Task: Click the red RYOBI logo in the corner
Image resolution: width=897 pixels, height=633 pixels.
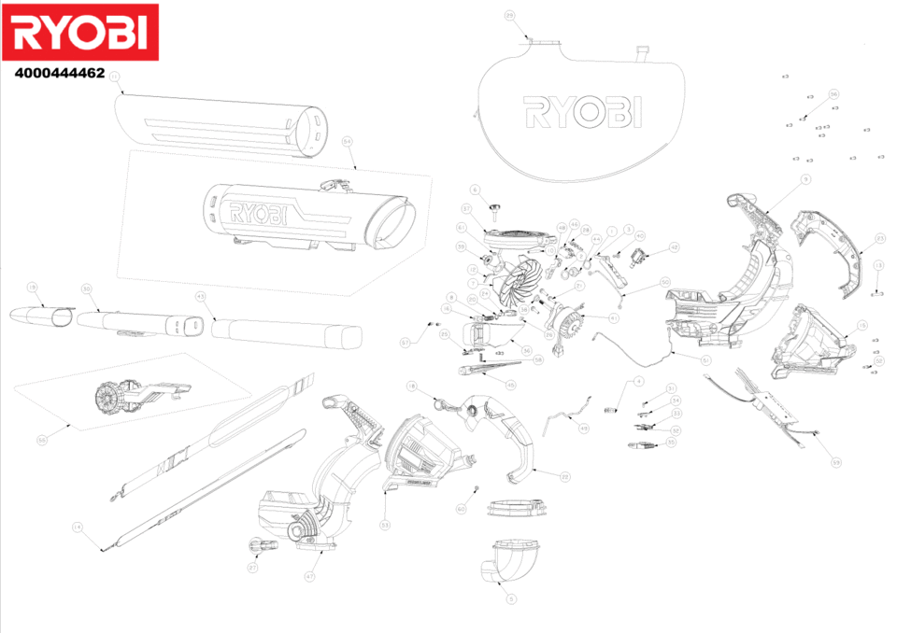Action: tap(80, 33)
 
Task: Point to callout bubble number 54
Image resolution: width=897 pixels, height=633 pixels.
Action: tap(347, 142)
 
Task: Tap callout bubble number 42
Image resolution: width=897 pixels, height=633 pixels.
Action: tap(674, 247)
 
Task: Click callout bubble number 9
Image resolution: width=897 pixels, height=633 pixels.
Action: tap(805, 179)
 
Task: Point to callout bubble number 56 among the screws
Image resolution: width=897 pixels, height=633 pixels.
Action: tap(834, 94)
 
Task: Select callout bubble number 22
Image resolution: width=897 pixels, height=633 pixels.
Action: tap(565, 476)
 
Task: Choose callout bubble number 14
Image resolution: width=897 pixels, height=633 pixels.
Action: tap(77, 527)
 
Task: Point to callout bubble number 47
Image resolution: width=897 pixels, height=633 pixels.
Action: tap(309, 578)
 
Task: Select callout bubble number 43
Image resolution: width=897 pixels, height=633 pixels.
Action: tap(199, 296)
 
